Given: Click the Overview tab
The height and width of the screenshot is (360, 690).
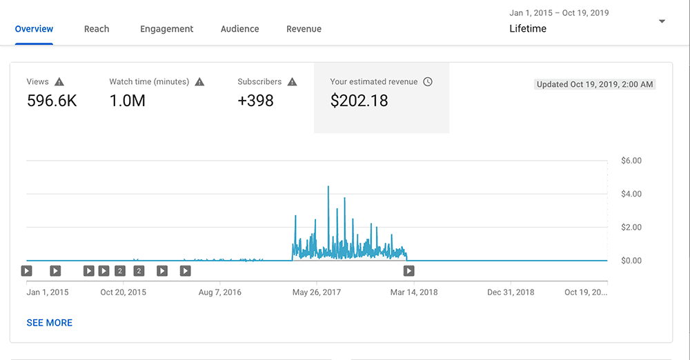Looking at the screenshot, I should pos(34,29).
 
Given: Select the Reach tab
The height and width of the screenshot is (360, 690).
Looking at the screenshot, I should pos(97,29).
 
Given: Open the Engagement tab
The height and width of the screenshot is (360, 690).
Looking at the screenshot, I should pos(166,29).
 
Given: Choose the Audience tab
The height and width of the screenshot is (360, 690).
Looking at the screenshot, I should pos(240,29).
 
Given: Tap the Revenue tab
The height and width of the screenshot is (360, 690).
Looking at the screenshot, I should pos(304,29).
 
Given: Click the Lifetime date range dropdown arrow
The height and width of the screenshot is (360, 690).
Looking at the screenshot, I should pos(662,21).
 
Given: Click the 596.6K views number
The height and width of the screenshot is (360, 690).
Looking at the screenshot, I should pos(52,101).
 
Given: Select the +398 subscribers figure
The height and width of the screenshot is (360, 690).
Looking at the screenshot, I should pos(255,101).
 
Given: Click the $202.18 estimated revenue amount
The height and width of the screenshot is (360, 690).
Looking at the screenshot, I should pos(359,101).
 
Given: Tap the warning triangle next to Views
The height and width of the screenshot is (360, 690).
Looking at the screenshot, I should pos(59,81).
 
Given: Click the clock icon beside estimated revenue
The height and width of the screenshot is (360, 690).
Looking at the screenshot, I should pos(428,81).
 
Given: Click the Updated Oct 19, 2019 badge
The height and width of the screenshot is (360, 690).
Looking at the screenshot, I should pos(595,85).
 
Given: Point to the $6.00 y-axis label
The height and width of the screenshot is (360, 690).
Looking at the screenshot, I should pos(631,161).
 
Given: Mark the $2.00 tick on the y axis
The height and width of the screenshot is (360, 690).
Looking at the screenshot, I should pos(631,228).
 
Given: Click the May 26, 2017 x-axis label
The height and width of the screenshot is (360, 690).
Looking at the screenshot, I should pos(317,292).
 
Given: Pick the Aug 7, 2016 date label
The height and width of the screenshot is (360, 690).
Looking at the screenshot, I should pos(219,292).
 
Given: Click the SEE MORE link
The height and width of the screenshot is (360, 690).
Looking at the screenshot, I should pos(50,323).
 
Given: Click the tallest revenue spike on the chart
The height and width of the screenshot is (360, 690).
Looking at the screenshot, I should pos(328,187).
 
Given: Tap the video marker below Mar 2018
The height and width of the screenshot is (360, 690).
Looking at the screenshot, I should pos(408,271).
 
